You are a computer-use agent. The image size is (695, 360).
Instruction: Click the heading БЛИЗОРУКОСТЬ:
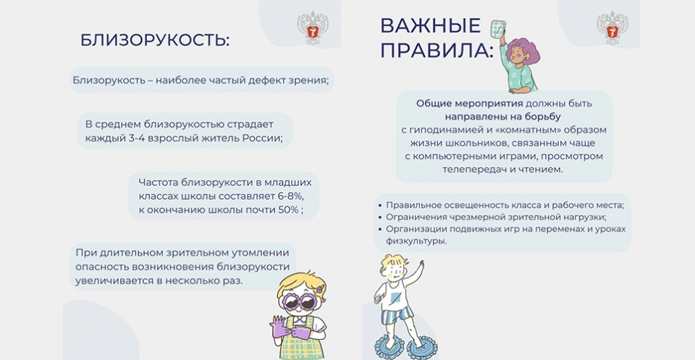pos(155,41)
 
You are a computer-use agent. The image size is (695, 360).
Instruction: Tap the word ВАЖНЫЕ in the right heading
pos(430,26)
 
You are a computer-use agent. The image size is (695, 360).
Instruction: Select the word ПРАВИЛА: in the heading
pos(437,51)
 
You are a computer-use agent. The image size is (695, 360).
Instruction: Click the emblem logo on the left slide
pos(313,28)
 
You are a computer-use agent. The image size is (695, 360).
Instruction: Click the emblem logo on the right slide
pos(612,28)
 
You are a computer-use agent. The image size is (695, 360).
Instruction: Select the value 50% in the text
pos(289,210)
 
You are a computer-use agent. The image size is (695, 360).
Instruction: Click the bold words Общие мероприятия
pos(469,104)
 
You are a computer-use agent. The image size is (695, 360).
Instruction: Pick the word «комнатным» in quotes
pos(495,130)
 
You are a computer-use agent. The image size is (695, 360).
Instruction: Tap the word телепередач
pos(471,169)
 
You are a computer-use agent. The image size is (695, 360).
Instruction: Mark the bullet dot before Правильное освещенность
pos(380,205)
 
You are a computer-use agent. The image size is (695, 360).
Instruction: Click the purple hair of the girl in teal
pos(524,51)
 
